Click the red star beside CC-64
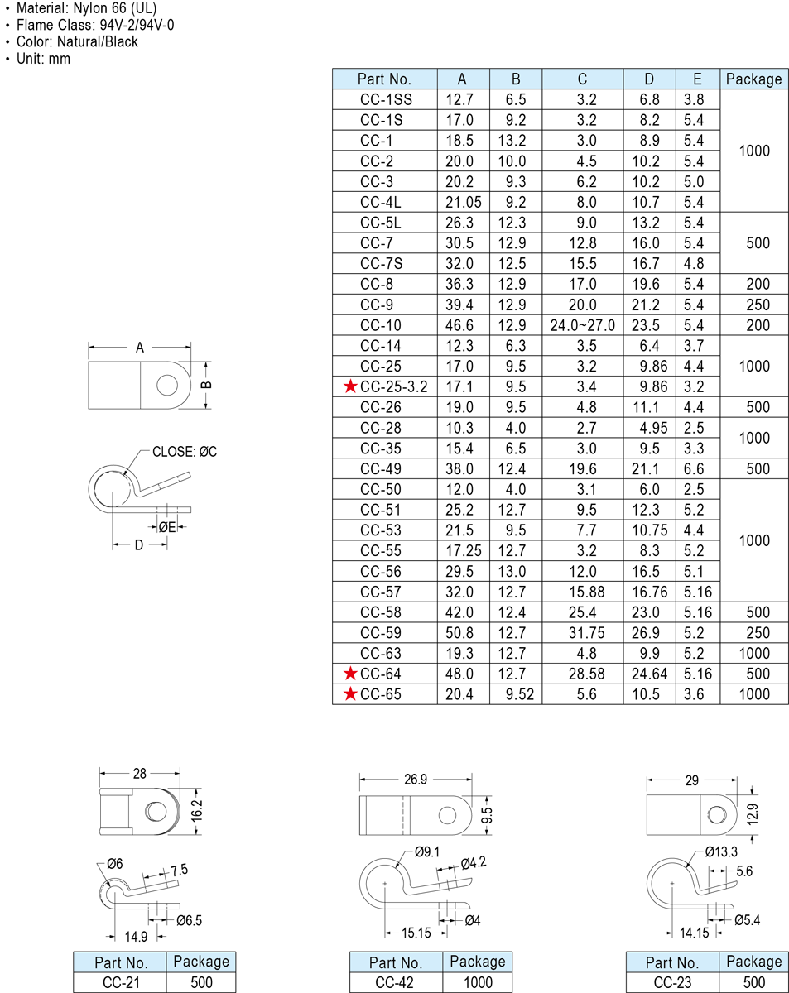pyautogui.click(x=350, y=674)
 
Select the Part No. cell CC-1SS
pyautogui.click(x=386, y=99)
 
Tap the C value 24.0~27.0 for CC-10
pyautogui.click(x=582, y=325)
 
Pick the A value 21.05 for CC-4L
pyautogui.click(x=463, y=202)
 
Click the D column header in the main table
pyautogui.click(x=649, y=79)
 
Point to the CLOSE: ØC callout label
pyautogui.click(x=185, y=451)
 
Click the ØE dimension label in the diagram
pyautogui.click(x=167, y=527)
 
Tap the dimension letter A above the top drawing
pyautogui.click(x=139, y=348)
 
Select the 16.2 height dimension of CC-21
pyautogui.click(x=197, y=811)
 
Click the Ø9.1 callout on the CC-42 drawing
pyautogui.click(x=427, y=851)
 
